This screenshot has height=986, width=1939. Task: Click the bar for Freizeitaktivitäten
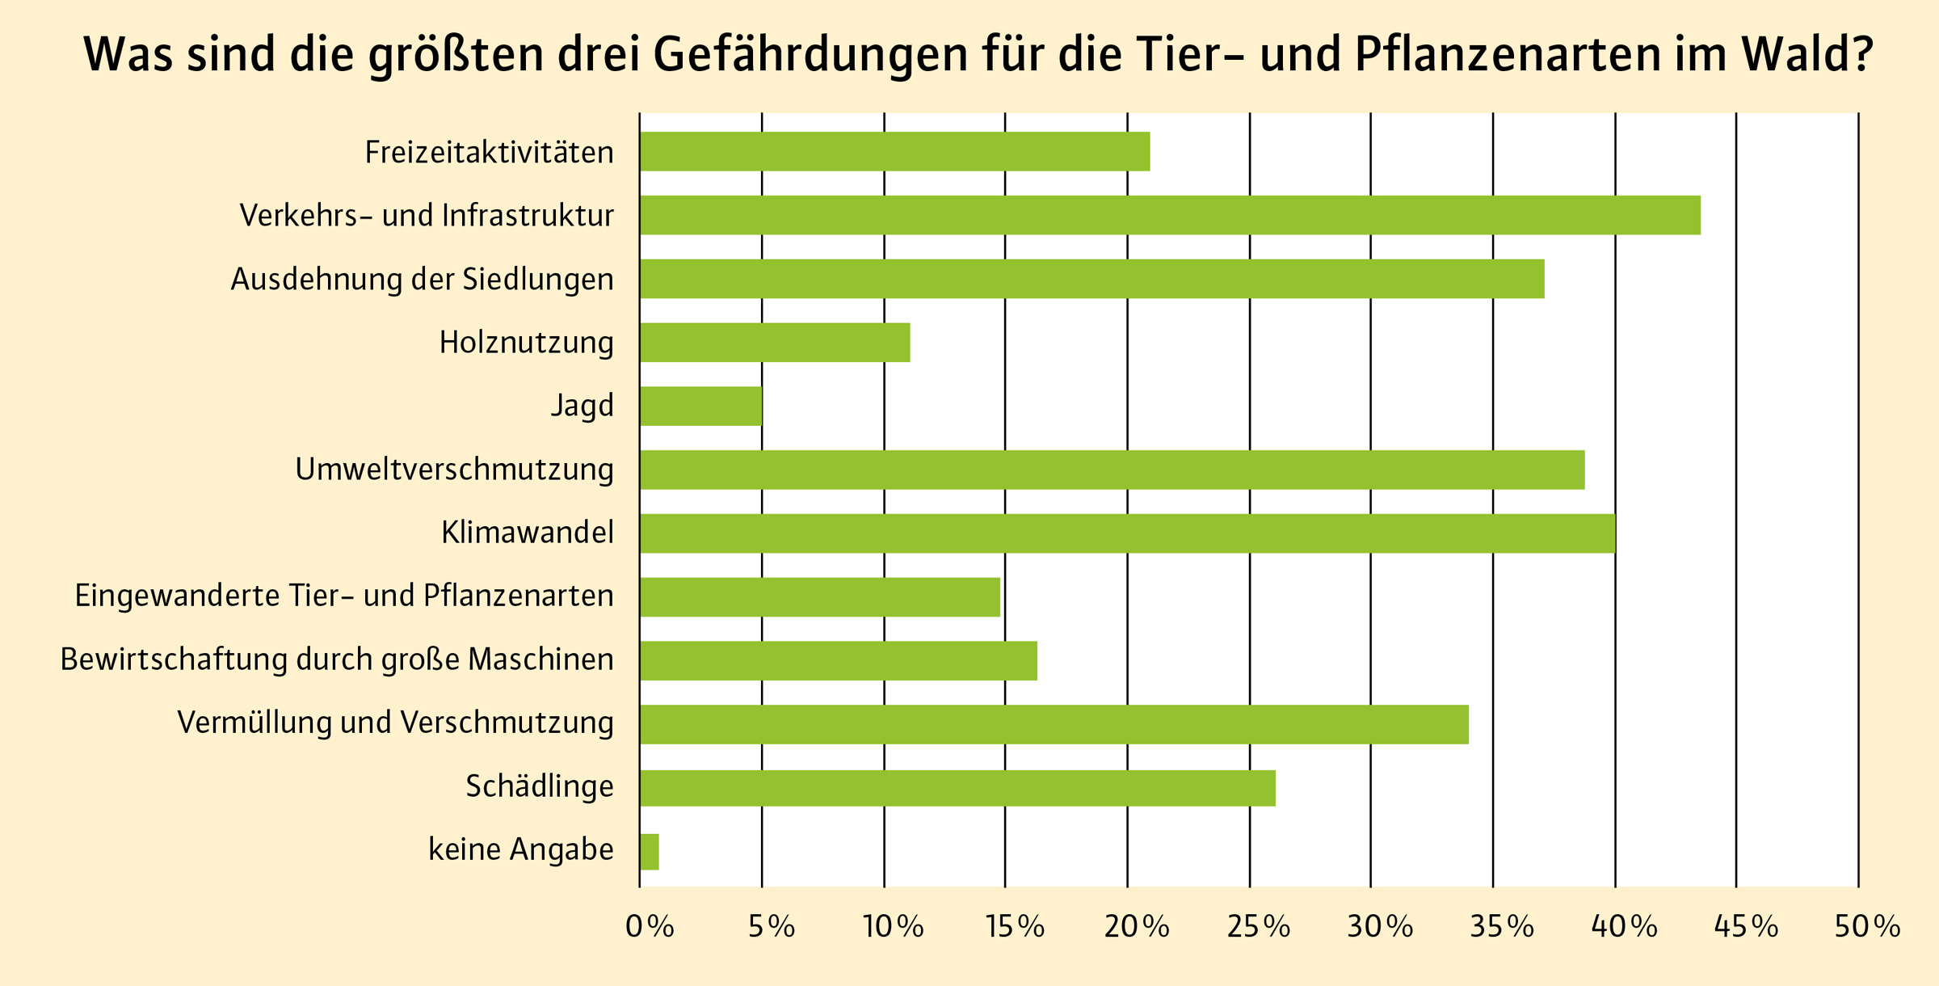click(x=894, y=151)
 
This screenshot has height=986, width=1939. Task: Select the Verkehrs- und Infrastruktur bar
click(x=1169, y=215)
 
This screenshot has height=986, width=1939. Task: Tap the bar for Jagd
click(x=700, y=406)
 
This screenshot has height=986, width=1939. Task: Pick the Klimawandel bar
click(x=1127, y=533)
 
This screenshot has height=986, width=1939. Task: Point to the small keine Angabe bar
click(x=650, y=852)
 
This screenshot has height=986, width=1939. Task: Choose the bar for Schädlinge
click(x=957, y=788)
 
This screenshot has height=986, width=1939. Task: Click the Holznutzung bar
click(x=775, y=343)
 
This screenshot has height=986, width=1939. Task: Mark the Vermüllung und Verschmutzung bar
click(x=1054, y=724)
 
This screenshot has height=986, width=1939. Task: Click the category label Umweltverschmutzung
click(x=454, y=470)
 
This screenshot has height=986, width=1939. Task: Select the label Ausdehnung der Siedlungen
click(x=422, y=280)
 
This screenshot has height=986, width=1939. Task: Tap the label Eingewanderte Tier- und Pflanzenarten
click(x=344, y=596)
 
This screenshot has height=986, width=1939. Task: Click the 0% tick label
click(x=650, y=927)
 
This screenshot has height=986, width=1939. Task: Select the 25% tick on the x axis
click(x=1258, y=927)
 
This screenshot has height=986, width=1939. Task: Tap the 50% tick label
click(x=1867, y=927)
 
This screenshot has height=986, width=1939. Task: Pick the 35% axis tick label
click(x=1502, y=927)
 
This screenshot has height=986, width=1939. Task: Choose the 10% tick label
click(x=893, y=927)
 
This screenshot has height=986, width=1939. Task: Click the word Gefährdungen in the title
click(x=810, y=55)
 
